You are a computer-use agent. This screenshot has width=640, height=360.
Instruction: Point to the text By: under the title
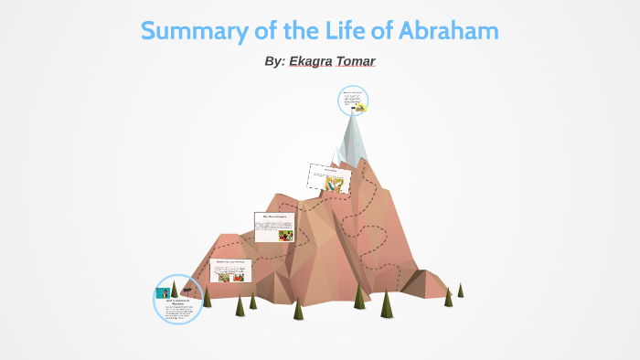(273, 61)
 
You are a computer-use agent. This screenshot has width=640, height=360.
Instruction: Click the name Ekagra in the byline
(315, 61)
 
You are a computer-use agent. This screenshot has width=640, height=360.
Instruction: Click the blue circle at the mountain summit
(353, 101)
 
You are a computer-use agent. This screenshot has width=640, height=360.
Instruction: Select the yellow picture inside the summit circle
(361, 108)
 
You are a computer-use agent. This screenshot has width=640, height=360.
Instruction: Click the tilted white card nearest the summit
(329, 178)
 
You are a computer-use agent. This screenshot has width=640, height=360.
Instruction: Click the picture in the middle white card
(285, 234)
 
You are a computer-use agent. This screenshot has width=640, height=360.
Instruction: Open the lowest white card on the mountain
(229, 271)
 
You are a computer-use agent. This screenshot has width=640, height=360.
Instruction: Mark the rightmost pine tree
(460, 290)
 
